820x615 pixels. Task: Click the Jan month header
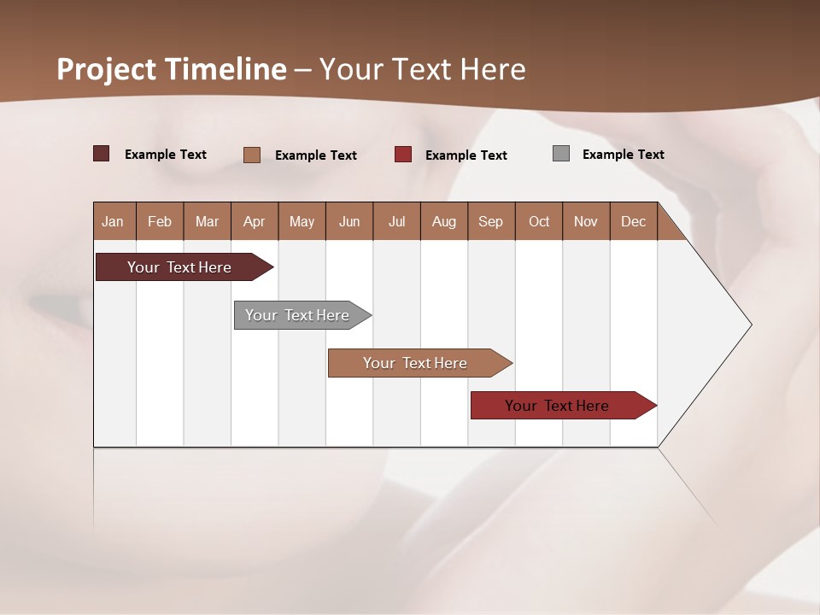point(113,221)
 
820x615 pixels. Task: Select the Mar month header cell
point(207,221)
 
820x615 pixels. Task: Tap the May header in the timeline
point(302,221)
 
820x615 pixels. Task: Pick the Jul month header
point(396,221)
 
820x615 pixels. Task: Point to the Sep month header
point(490,221)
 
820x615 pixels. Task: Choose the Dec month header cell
point(633,221)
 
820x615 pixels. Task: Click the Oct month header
point(539,221)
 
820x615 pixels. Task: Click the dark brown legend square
point(102,154)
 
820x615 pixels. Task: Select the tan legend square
point(252,155)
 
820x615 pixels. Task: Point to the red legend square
point(403,155)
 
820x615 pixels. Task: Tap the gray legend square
point(561,154)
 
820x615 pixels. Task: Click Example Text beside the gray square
point(623,155)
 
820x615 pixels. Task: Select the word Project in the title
point(107,69)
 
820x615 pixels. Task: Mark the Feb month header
point(160,221)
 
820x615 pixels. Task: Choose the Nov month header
point(586,221)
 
